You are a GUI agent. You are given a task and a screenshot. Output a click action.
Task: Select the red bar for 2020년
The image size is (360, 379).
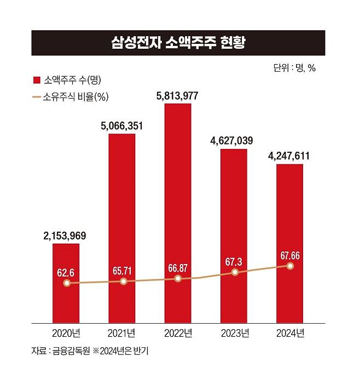(66, 296)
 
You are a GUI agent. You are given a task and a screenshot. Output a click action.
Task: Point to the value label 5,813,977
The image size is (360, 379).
(177, 96)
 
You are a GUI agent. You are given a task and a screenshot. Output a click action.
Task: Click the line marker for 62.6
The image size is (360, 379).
(67, 283)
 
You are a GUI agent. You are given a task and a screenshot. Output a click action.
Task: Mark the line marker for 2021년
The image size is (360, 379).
(123, 281)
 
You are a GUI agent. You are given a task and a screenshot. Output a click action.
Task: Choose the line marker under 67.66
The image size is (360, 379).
(290, 266)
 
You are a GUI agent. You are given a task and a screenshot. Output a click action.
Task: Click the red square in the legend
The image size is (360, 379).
(37, 81)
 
